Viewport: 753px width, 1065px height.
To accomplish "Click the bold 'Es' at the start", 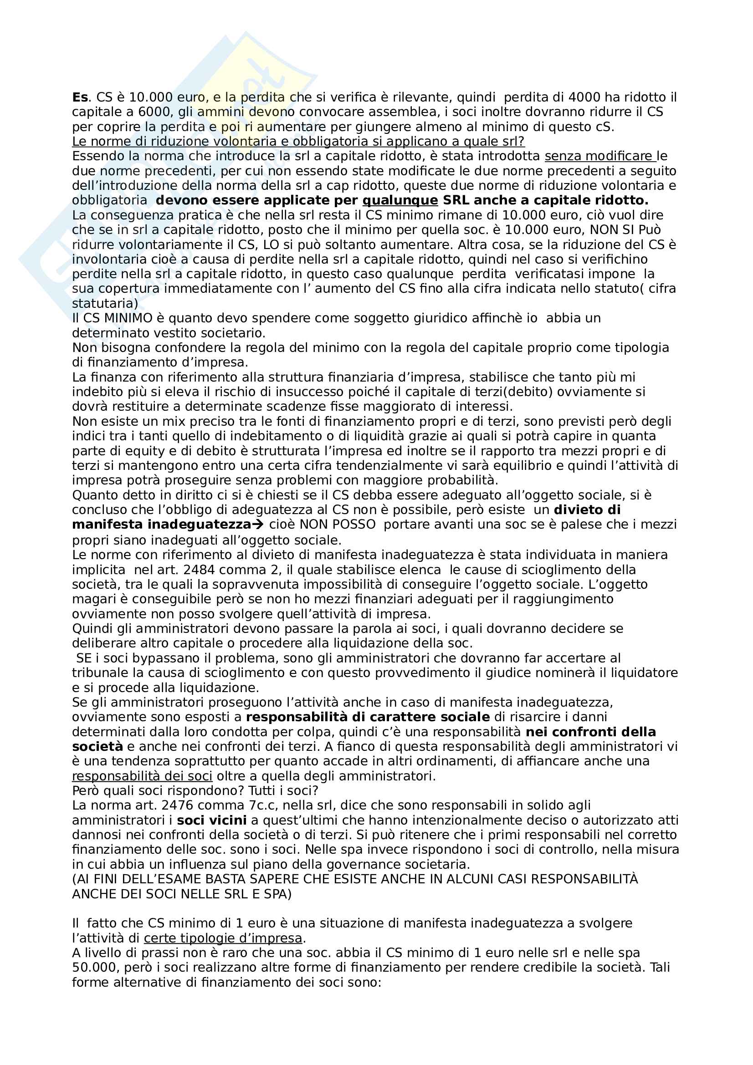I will (80, 98).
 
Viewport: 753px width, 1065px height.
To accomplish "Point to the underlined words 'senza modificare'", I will (599, 157).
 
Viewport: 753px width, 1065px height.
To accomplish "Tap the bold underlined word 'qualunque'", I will (400, 201).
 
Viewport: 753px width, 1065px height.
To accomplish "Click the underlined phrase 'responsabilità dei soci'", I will (142, 776).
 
